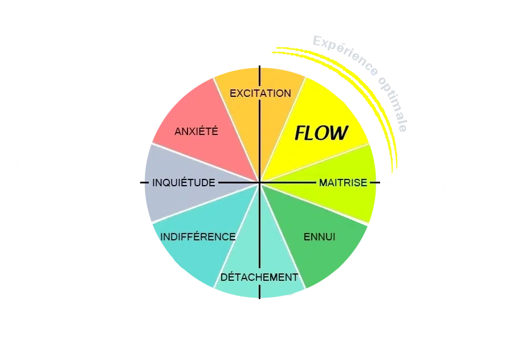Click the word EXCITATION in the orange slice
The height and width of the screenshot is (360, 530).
[260, 93]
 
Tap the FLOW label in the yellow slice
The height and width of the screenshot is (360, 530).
[321, 133]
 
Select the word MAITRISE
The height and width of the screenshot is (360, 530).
[343, 183]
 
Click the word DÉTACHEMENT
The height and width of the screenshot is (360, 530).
[259, 277]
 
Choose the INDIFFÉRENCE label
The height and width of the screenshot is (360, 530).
[198, 236]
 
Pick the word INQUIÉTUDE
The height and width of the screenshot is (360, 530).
[184, 183]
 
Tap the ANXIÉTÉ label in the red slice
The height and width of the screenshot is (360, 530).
[196, 132]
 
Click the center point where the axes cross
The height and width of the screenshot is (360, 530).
[260, 183]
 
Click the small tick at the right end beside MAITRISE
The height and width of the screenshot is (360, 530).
[381, 183]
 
